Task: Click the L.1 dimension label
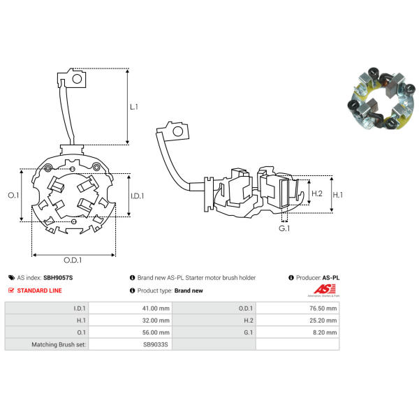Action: point(134,107)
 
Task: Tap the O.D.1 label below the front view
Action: point(73,260)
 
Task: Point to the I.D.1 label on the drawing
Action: point(138,196)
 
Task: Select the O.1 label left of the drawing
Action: point(13,196)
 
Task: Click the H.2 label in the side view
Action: point(317,193)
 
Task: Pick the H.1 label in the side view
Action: point(338,195)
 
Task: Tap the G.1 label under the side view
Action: point(284,228)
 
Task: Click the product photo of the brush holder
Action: point(381,98)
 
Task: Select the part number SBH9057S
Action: point(58,278)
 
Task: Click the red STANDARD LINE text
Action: point(39,291)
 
